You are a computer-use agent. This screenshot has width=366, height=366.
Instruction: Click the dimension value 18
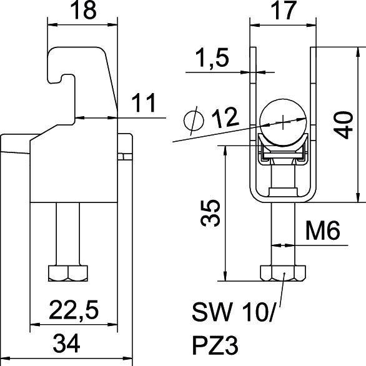83,11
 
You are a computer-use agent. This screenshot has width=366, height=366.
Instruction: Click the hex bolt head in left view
69,273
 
